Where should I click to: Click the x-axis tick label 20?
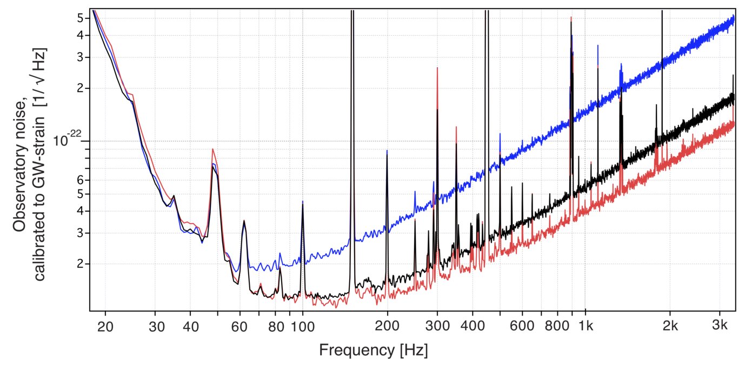105,326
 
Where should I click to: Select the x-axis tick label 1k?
586,326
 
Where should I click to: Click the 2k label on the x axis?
670,326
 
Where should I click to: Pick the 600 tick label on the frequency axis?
522,326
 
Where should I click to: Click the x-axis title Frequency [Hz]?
373,350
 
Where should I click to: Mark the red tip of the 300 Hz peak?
437,68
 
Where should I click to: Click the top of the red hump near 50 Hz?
213,149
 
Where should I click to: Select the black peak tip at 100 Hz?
302,204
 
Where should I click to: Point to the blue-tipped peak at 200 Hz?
387,151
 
